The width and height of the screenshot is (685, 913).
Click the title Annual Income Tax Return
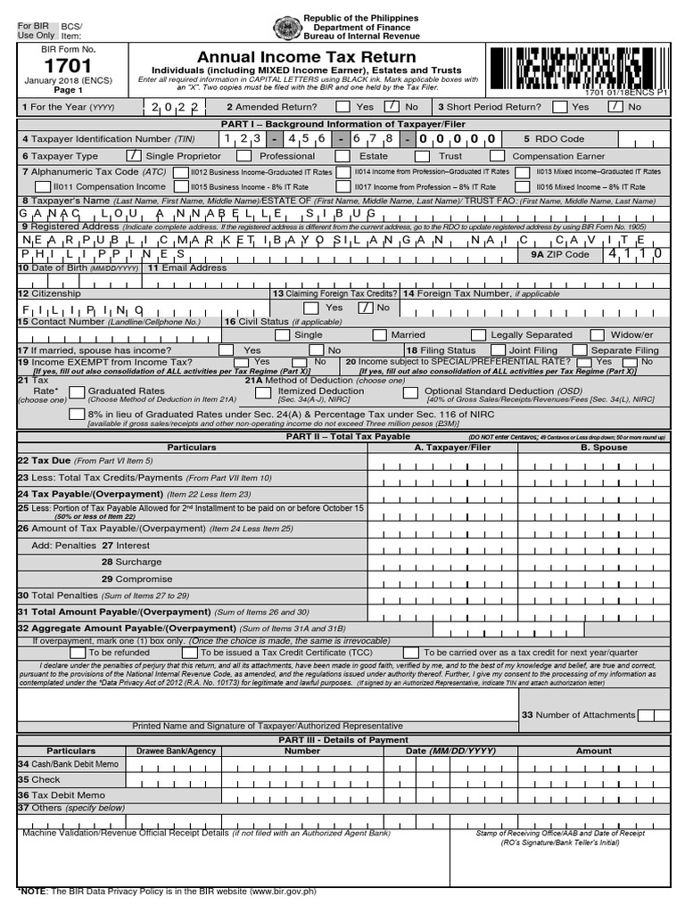tap(307, 57)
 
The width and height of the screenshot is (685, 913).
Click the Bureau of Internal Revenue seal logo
tap(286, 27)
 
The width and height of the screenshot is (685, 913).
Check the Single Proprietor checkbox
tap(134, 155)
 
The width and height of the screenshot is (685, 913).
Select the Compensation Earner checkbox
tap(499, 155)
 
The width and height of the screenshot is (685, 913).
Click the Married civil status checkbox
tap(379, 334)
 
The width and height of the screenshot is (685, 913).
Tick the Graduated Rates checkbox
tap(77, 391)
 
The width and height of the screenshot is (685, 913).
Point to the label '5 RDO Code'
tap(554, 139)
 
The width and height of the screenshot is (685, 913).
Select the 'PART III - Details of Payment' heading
tap(342, 740)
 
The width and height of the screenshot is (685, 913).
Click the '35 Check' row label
tap(39, 779)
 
